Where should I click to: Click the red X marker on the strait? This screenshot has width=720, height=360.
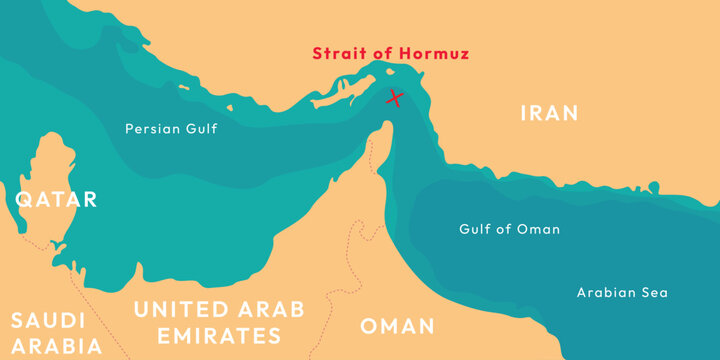click(x=395, y=97)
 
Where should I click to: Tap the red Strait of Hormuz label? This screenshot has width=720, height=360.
click(x=390, y=53)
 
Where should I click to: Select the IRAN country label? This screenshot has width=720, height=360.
click(x=549, y=113)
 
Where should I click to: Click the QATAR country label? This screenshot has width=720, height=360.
click(x=56, y=199)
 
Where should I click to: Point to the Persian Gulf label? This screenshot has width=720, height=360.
click(x=171, y=128)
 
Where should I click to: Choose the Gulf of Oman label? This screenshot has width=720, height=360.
click(x=509, y=229)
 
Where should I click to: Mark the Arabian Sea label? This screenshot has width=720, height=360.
click(x=622, y=293)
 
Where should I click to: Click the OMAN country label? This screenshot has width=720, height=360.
click(x=397, y=326)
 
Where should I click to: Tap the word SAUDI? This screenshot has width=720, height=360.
click(x=47, y=321)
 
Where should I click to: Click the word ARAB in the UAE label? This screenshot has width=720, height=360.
click(x=269, y=309)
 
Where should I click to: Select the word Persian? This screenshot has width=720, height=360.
click(x=151, y=128)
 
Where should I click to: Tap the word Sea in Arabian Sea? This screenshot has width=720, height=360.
click(x=654, y=293)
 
